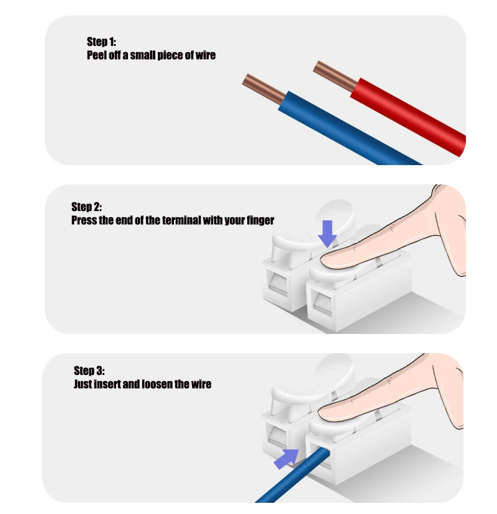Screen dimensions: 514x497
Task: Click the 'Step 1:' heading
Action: click(x=101, y=42)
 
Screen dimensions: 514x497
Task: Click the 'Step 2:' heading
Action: click(x=86, y=207)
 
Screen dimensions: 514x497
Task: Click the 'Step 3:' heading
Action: click(x=89, y=371)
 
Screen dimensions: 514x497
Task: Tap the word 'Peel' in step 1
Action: click(x=97, y=55)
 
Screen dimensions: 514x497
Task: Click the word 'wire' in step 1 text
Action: click(x=204, y=55)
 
